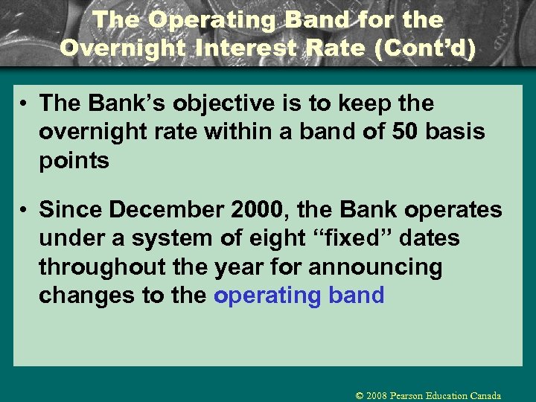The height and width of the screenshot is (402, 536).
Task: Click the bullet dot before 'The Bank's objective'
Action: (x=25, y=103)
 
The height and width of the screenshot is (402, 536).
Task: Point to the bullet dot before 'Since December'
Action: (x=25, y=211)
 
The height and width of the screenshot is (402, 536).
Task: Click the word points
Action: (x=74, y=160)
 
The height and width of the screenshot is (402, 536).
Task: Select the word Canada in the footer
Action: (x=485, y=395)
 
